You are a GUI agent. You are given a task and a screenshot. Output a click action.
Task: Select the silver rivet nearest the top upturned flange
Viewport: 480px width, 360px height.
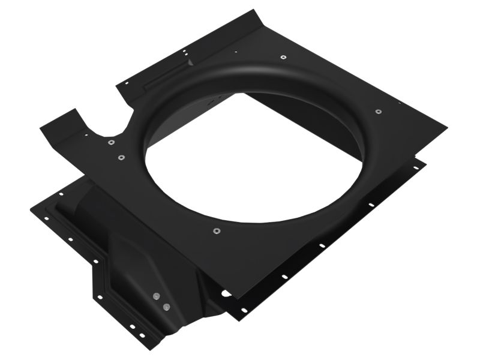coord(283,58)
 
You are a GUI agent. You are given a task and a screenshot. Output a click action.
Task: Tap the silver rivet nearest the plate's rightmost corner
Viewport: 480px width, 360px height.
coord(378,111)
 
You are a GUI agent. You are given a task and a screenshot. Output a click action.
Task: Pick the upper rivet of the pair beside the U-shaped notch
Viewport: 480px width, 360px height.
coord(111,142)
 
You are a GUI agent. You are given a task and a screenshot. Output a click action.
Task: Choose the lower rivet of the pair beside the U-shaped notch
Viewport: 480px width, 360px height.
coord(121,158)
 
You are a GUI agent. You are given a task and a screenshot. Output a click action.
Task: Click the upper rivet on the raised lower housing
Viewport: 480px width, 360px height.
coord(156,295)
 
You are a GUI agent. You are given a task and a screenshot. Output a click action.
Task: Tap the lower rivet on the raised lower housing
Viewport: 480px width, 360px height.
coord(166,307)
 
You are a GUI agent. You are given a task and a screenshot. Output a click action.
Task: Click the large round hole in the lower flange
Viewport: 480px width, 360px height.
coord(225,293)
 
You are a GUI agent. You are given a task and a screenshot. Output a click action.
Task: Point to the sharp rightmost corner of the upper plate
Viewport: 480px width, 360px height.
coord(446,127)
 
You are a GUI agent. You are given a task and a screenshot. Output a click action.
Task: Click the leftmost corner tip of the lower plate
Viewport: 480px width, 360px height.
coord(31,208)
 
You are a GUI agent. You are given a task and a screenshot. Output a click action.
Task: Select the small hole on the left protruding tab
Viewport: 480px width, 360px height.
coord(86,135)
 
